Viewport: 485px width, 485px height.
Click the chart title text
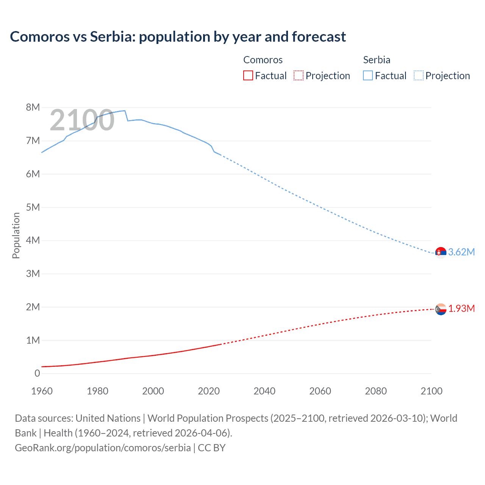coord(178,37)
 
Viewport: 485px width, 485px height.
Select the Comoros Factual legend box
coord(248,75)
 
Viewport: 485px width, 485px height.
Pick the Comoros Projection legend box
coord(299,75)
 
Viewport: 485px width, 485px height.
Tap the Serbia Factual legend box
coord(368,75)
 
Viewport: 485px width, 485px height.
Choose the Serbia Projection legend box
coord(418,75)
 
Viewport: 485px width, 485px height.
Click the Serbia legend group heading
coord(376,60)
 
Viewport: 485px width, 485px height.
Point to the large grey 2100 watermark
coord(82,120)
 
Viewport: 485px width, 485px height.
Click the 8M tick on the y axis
coord(33,107)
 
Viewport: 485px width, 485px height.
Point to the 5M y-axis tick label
coord(33,207)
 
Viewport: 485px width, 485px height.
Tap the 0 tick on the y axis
coord(37,373)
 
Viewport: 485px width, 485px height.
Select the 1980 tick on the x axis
coord(97,391)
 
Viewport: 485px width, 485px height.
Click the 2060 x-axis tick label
coord(320,391)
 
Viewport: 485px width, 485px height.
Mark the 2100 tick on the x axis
coord(431,391)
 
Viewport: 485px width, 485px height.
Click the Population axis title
coord(16,235)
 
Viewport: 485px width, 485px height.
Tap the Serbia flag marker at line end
coord(441,252)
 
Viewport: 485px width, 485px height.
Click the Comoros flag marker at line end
coord(441,309)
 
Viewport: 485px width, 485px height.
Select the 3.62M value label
coord(461,252)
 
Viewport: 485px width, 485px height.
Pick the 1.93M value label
coord(461,308)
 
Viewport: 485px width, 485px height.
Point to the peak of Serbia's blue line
coord(125,111)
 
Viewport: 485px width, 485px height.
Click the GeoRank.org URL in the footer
coord(103,447)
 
